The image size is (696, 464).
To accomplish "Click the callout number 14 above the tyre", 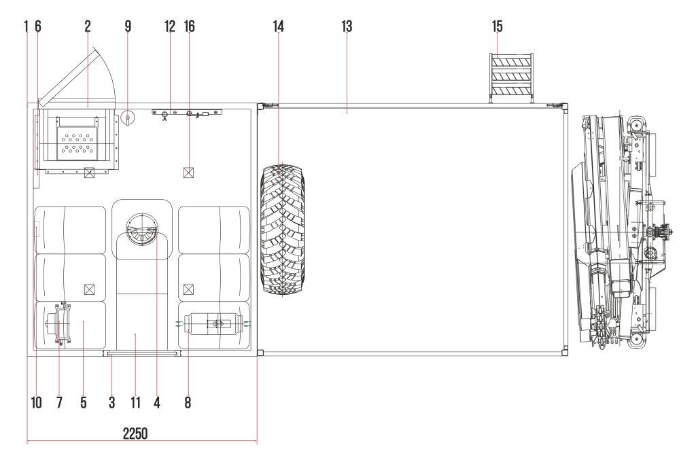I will click(x=278, y=26).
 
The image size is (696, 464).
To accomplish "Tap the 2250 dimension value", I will click(x=136, y=433).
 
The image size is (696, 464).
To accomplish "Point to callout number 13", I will click(x=347, y=26).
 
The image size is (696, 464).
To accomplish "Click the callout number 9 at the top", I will click(x=128, y=26).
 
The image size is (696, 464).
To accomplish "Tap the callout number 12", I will click(x=170, y=26).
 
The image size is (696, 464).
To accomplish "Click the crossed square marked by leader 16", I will click(x=189, y=173).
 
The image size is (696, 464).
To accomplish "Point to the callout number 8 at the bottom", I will click(x=187, y=402).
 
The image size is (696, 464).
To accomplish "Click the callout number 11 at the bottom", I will click(x=135, y=402).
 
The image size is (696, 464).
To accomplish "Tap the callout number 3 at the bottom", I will click(x=111, y=402).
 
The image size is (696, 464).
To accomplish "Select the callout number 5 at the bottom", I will click(x=84, y=402).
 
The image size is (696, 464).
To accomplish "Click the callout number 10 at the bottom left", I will click(x=36, y=402).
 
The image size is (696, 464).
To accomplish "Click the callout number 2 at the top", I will click(x=88, y=26).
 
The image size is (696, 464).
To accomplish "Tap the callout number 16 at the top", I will click(x=189, y=26).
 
